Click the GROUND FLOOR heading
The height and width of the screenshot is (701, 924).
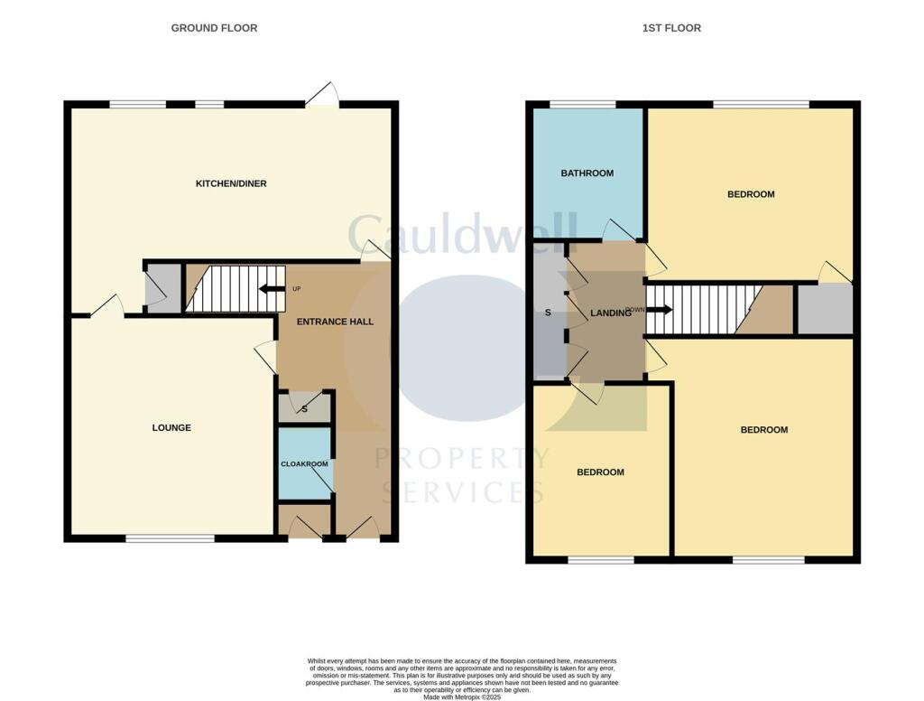click(x=214, y=28)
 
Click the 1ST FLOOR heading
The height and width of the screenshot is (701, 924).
click(x=670, y=28)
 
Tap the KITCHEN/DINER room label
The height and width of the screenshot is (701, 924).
click(x=231, y=184)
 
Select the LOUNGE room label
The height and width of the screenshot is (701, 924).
click(x=171, y=428)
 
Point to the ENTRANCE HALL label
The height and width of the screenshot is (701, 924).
click(x=337, y=322)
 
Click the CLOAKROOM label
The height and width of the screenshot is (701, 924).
click(x=304, y=464)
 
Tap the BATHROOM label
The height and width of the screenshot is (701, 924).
click(x=587, y=173)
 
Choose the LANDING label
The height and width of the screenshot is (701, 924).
click(x=610, y=313)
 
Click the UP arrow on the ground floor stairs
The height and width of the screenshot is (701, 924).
click(x=270, y=290)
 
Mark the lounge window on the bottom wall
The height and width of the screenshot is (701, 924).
click(x=170, y=539)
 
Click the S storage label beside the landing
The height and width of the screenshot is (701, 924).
click(x=548, y=313)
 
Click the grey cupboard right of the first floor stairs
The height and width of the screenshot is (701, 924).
click(x=825, y=309)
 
